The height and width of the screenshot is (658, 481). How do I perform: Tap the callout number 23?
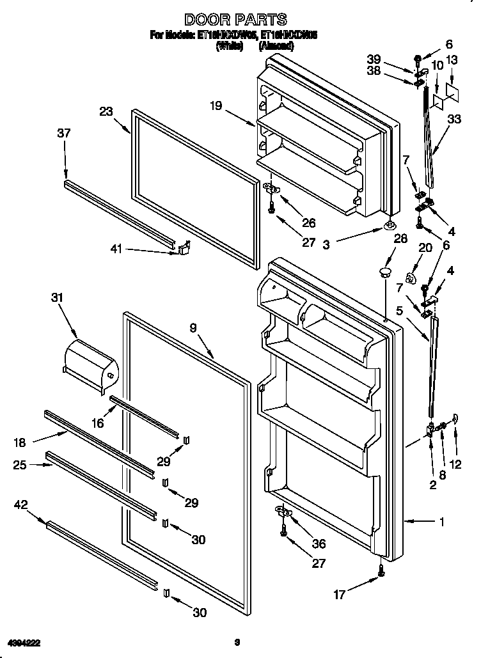[106, 111]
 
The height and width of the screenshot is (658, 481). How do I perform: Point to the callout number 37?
[63, 133]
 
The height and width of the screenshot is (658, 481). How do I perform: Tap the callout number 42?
[20, 505]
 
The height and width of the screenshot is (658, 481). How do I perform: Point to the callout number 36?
[318, 544]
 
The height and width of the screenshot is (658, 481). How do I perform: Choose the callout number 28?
[401, 239]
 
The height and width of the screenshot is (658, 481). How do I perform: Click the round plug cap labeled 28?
[384, 273]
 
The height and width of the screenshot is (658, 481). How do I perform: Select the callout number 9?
[194, 328]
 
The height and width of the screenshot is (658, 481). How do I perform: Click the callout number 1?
[441, 522]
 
